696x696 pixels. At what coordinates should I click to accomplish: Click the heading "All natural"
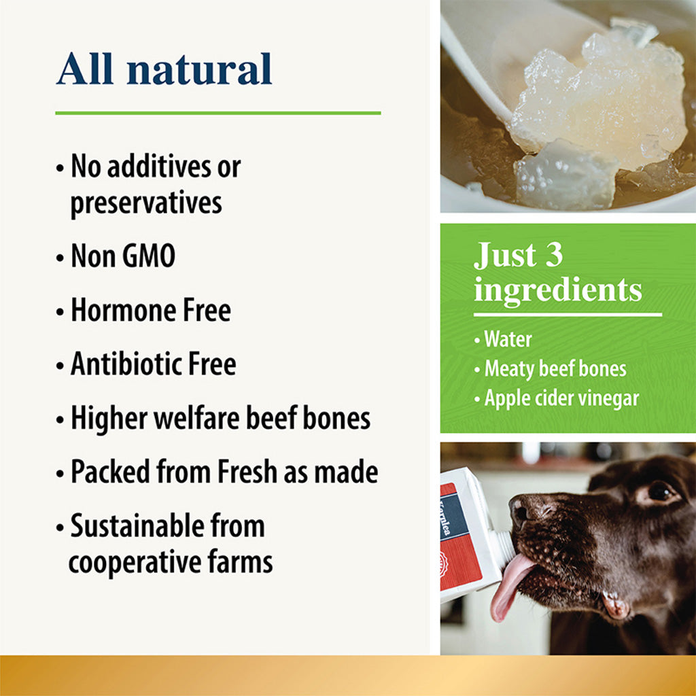(164, 69)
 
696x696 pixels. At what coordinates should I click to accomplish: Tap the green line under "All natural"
(217, 113)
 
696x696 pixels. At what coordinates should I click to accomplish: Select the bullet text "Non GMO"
(123, 256)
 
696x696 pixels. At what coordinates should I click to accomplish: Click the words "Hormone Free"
(151, 311)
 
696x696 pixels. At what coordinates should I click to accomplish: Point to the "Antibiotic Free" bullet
(154, 365)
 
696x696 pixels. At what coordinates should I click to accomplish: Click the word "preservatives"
(146, 203)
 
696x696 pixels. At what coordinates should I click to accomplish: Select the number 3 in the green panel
(550, 256)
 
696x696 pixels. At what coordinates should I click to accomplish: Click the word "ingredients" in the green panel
(558, 290)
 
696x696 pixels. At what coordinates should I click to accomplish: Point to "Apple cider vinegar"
(561, 398)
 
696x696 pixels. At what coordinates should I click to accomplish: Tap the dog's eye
(658, 491)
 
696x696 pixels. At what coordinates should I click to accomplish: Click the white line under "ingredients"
(568, 315)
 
